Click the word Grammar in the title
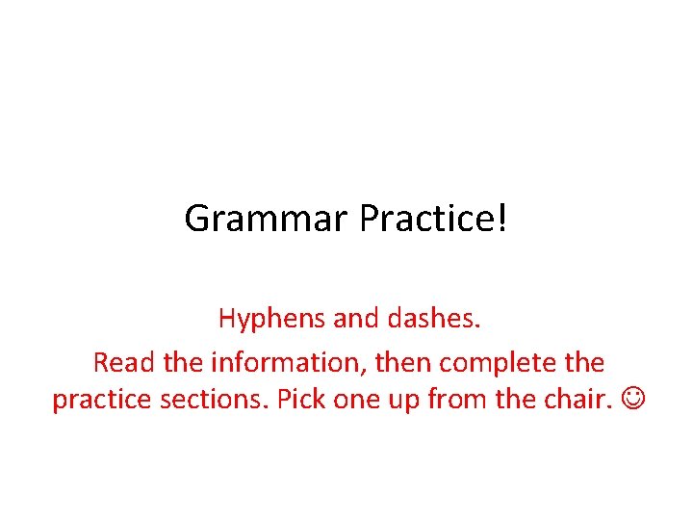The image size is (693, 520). (267, 220)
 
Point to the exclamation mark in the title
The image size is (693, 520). (500, 220)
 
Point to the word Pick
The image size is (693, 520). (300, 399)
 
